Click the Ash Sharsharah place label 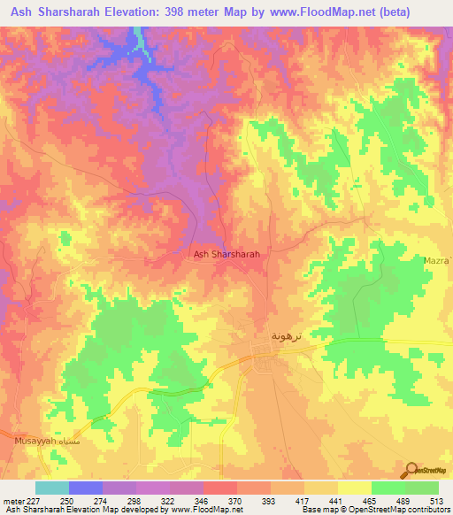click(226, 254)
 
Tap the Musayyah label click(35, 440)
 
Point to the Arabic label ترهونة click(288, 337)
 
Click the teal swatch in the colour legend click(52, 488)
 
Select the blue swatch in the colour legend click(86, 488)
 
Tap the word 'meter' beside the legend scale click(15, 502)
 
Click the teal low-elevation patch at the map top click(140, 41)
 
